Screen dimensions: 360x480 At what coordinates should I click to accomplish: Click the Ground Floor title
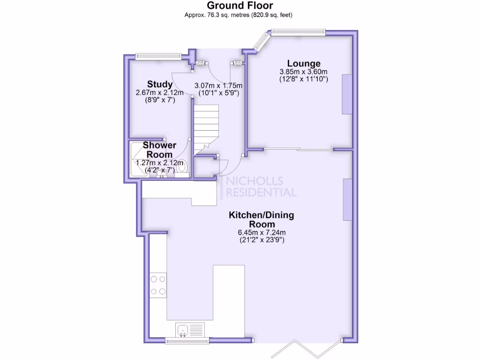pos(240,6)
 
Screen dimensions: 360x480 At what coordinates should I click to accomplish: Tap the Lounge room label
pos(304,63)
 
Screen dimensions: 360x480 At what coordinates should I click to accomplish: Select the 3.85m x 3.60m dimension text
pos(303,72)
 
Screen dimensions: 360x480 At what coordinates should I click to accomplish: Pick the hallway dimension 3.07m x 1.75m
pos(218,85)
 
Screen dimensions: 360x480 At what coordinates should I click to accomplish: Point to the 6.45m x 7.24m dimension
pos(262,232)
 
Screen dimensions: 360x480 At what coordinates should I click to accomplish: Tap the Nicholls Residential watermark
pos(261,187)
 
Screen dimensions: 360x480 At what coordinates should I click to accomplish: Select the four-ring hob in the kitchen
pos(158,285)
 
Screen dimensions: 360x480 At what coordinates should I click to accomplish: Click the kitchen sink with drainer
pos(189,330)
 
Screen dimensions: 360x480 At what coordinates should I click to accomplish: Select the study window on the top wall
pos(158,56)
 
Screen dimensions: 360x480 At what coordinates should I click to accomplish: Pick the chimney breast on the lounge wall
pos(347,94)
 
